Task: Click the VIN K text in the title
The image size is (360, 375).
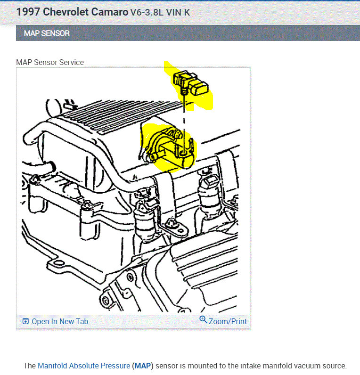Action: point(180,12)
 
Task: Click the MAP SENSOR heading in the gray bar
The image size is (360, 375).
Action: point(47,33)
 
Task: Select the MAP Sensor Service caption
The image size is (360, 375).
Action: point(50,62)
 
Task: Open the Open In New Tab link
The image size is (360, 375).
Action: point(60,321)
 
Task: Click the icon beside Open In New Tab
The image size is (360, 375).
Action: point(26,321)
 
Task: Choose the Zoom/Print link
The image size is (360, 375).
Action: point(228,321)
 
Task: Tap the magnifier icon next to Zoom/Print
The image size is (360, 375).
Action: point(203,320)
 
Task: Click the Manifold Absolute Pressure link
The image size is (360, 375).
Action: point(84,366)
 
